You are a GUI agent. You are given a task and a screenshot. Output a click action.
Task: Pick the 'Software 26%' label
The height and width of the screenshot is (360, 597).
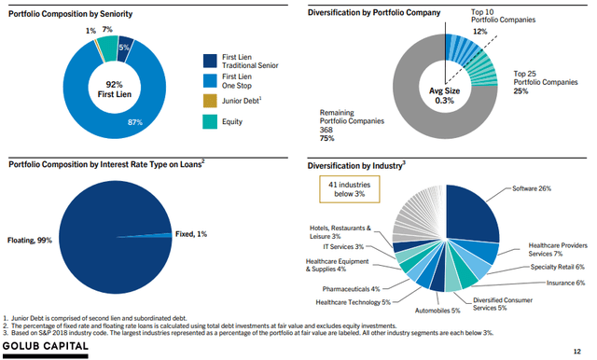531,188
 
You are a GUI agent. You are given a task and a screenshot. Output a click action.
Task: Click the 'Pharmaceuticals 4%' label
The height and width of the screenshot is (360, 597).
350,288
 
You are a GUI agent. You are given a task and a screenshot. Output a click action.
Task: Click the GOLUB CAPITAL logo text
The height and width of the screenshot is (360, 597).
46,348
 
